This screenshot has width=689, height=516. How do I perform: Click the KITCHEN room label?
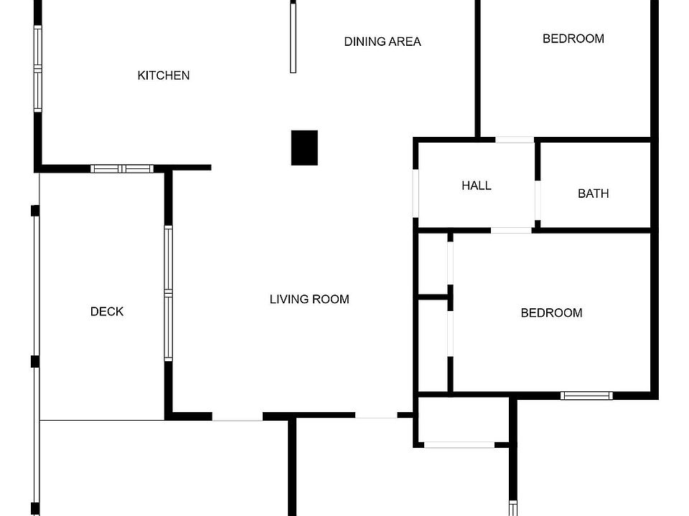click(164, 75)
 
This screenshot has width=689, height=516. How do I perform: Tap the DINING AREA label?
click(383, 42)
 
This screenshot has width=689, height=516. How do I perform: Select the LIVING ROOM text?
click(309, 299)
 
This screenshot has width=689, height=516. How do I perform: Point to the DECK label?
click(107, 311)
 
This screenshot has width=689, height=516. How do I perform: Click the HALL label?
click(477, 186)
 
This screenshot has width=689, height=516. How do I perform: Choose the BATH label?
click(594, 193)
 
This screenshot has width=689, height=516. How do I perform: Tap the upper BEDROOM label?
click(573, 39)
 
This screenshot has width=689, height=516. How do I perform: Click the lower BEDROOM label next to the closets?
click(551, 312)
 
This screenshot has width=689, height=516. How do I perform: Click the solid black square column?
click(304, 148)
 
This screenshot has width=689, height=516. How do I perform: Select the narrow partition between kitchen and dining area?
click(293, 37)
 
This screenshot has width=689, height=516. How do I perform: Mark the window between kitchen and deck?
click(122, 169)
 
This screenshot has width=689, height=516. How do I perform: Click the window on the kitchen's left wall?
click(38, 69)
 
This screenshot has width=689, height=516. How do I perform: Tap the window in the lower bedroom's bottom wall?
click(586, 395)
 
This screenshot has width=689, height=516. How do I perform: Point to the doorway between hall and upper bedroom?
click(515, 139)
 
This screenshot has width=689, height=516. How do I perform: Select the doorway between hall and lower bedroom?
click(511, 230)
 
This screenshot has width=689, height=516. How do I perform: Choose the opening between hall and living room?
click(416, 192)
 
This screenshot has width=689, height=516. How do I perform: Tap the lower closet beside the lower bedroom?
click(433, 345)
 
